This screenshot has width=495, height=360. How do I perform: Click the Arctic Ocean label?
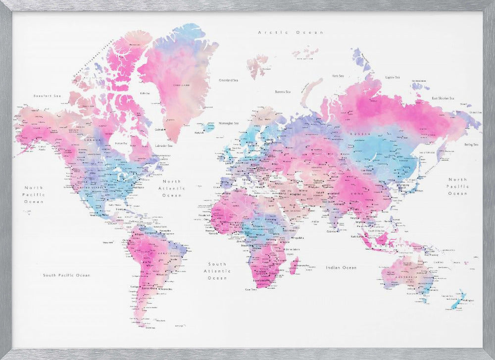(x=291, y=32)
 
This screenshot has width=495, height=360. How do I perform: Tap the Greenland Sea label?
(x=229, y=80)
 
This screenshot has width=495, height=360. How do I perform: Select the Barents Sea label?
(x=283, y=92)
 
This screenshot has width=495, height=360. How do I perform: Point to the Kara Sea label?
(x=338, y=76)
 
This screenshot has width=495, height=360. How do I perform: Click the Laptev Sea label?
(x=393, y=77)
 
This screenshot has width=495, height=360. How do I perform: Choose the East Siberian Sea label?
(x=443, y=98)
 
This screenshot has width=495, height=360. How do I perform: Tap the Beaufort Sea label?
(x=44, y=96)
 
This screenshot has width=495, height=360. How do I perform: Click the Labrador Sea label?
(x=163, y=146)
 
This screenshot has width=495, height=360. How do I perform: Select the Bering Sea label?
(x=471, y=145)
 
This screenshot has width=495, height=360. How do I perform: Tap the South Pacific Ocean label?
(x=66, y=275)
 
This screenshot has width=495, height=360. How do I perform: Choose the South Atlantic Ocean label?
(x=217, y=271)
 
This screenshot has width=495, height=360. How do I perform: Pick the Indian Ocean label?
(x=341, y=267)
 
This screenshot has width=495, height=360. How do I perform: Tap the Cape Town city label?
(x=251, y=289)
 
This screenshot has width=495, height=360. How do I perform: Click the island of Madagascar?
(x=293, y=268)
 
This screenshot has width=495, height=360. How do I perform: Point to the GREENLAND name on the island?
(x=181, y=85)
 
